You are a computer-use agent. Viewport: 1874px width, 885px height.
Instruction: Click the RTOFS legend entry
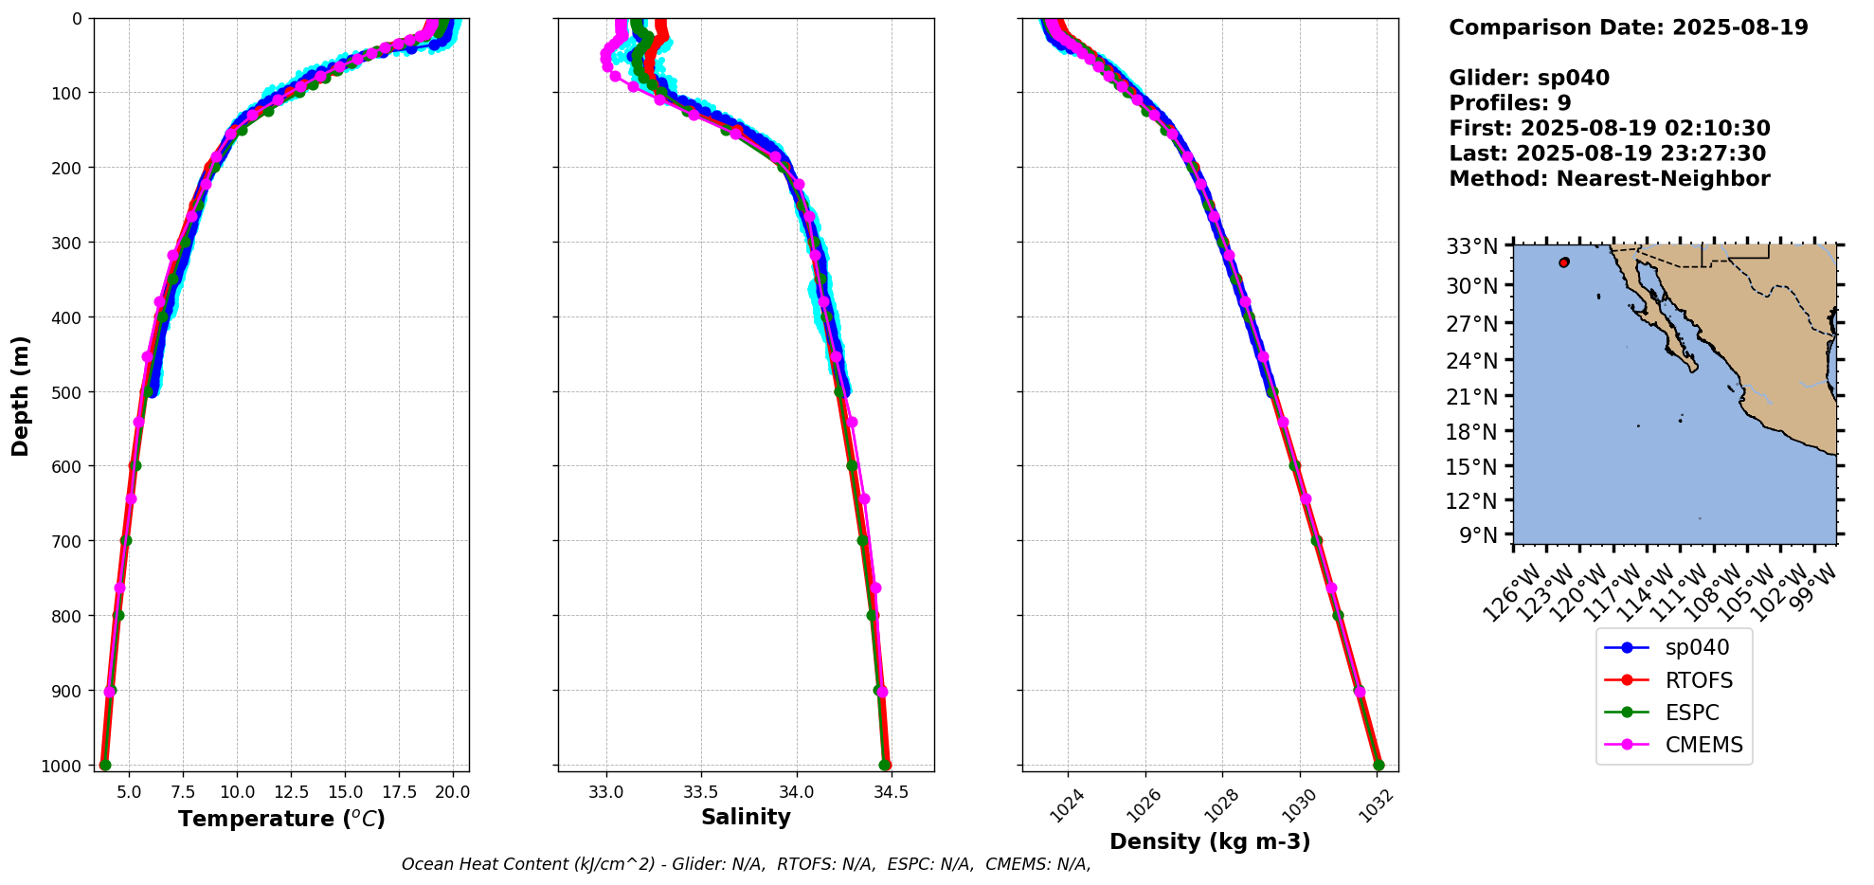click(x=1698, y=680)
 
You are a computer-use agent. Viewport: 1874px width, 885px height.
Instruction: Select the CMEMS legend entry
click(x=1703, y=745)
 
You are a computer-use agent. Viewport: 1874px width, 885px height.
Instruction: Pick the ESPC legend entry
click(x=1691, y=713)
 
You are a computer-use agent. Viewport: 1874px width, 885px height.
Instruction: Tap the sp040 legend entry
click(x=1696, y=648)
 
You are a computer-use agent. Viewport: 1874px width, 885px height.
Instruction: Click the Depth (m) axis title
click(x=21, y=395)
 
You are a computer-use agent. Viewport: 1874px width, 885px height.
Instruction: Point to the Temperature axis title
click(x=281, y=819)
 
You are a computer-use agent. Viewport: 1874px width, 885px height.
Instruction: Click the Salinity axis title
click(x=746, y=817)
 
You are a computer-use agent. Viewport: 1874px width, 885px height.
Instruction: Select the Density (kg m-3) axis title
click(x=1210, y=841)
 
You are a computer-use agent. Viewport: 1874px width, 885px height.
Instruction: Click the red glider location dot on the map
click(x=1563, y=262)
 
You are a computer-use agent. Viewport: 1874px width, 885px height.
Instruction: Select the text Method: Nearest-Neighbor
click(x=1609, y=178)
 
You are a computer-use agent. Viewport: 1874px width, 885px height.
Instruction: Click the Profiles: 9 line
click(x=1510, y=103)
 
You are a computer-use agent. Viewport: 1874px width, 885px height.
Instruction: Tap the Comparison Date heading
click(x=1628, y=27)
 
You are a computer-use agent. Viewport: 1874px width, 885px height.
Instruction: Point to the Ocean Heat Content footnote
click(x=746, y=864)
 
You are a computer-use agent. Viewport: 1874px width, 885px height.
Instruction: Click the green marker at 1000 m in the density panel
click(x=1378, y=765)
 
